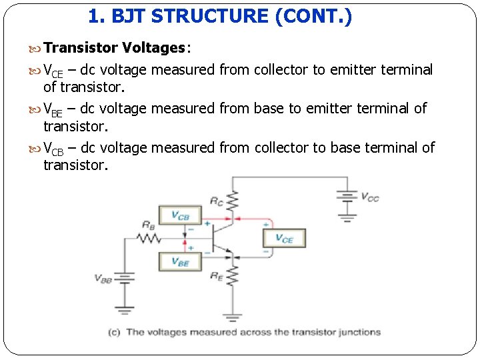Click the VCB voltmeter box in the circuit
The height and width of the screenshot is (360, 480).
pyautogui.click(x=180, y=216)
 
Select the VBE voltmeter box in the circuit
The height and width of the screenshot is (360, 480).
pyautogui.click(x=180, y=262)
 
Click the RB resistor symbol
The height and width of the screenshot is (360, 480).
pyautogui.click(x=149, y=238)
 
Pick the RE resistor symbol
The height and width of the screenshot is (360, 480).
pyautogui.click(x=233, y=275)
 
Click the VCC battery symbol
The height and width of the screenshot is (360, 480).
pyautogui.click(x=347, y=196)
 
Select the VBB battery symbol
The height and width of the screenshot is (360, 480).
pyautogui.click(x=123, y=278)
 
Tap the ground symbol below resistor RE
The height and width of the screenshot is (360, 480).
pyautogui.click(x=233, y=317)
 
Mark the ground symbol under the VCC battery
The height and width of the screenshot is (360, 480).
pyautogui.click(x=347, y=216)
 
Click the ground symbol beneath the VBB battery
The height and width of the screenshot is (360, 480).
pyautogui.click(x=123, y=309)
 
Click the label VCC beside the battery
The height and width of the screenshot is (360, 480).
pyautogui.click(x=370, y=197)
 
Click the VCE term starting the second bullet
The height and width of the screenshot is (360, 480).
pyautogui.click(x=53, y=71)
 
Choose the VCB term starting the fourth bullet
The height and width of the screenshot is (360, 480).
pyautogui.click(x=53, y=149)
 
